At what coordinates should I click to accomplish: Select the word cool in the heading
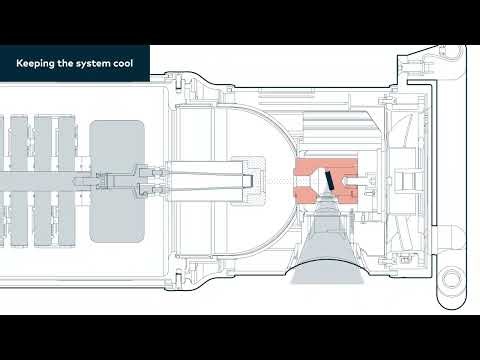[x=130, y=63]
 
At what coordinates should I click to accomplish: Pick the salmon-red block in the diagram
[x=312, y=168]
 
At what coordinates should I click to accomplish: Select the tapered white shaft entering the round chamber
[x=209, y=180]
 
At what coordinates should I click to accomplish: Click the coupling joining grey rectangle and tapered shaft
[x=150, y=181]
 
